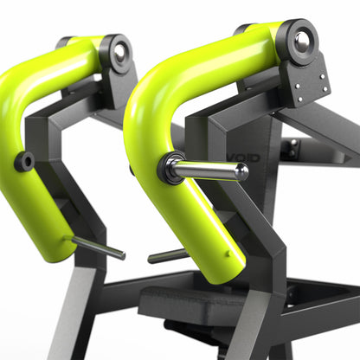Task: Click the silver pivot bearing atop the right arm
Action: pyautogui.click(x=304, y=40)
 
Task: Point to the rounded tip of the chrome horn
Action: pyautogui.click(x=243, y=171)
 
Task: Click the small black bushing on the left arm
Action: pyautogui.click(x=25, y=160)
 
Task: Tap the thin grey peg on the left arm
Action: pyautogui.click(x=98, y=247)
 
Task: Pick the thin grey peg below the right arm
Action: pyautogui.click(x=166, y=256)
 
